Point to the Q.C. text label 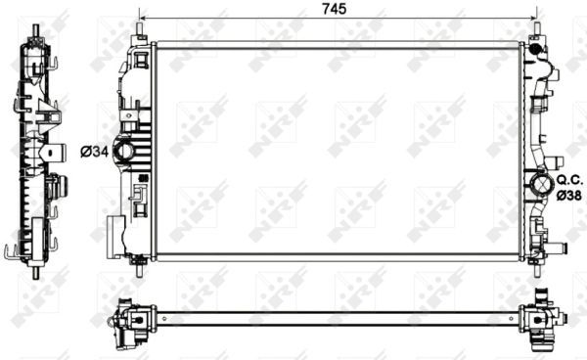[570, 180]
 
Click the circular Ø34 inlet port [125, 151]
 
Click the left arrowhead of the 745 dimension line [144, 19]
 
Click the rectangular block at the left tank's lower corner [113, 235]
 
